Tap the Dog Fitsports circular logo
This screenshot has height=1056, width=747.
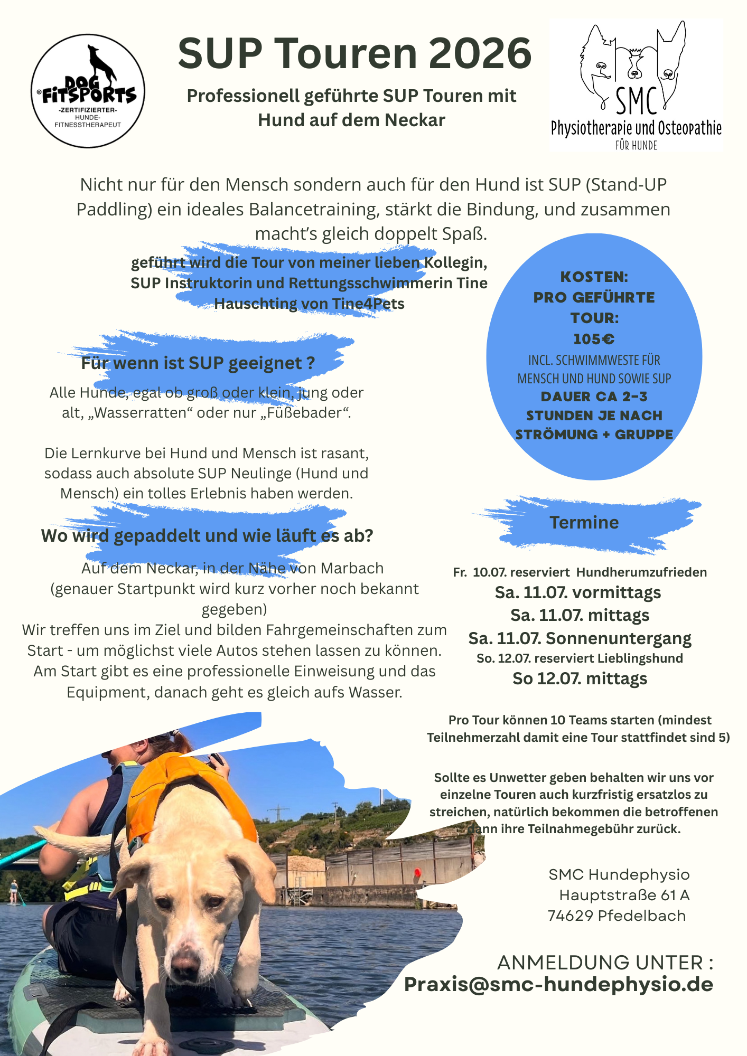(88, 91)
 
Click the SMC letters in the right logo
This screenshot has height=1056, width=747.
(636, 102)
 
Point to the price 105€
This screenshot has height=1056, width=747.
(594, 339)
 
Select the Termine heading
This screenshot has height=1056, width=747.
(584, 522)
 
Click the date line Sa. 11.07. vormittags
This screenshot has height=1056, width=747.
(577, 592)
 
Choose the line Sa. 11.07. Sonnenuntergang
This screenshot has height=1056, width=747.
(580, 638)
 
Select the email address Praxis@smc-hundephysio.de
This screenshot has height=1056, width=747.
(558, 984)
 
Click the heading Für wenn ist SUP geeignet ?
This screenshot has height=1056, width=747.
(198, 363)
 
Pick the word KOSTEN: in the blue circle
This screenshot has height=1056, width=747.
(594, 277)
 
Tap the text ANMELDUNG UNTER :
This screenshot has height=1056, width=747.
(605, 963)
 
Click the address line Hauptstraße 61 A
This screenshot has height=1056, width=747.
(624, 895)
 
